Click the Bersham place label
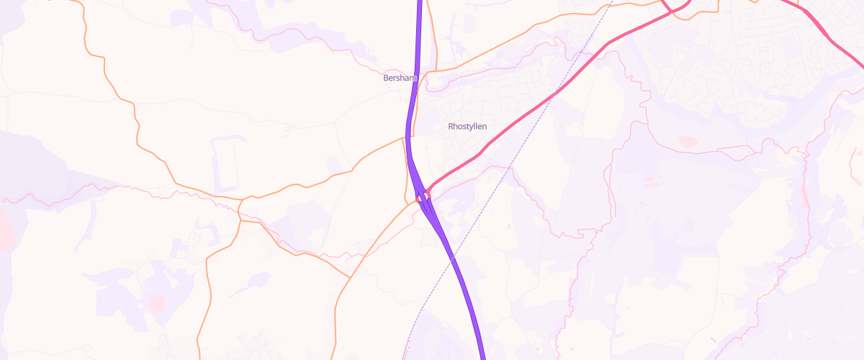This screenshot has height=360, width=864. click(x=400, y=78)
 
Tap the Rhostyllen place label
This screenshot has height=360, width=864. click(x=467, y=126)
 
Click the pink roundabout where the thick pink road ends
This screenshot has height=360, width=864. click(x=426, y=193)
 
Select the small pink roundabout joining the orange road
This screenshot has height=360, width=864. click(x=418, y=200)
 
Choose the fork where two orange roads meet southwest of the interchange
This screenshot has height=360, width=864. click(x=350, y=276)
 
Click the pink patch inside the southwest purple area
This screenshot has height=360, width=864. click(x=156, y=302)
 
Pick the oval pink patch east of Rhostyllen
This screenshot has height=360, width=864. click(x=688, y=142)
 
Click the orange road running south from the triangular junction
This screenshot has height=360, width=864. click(x=209, y=288)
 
